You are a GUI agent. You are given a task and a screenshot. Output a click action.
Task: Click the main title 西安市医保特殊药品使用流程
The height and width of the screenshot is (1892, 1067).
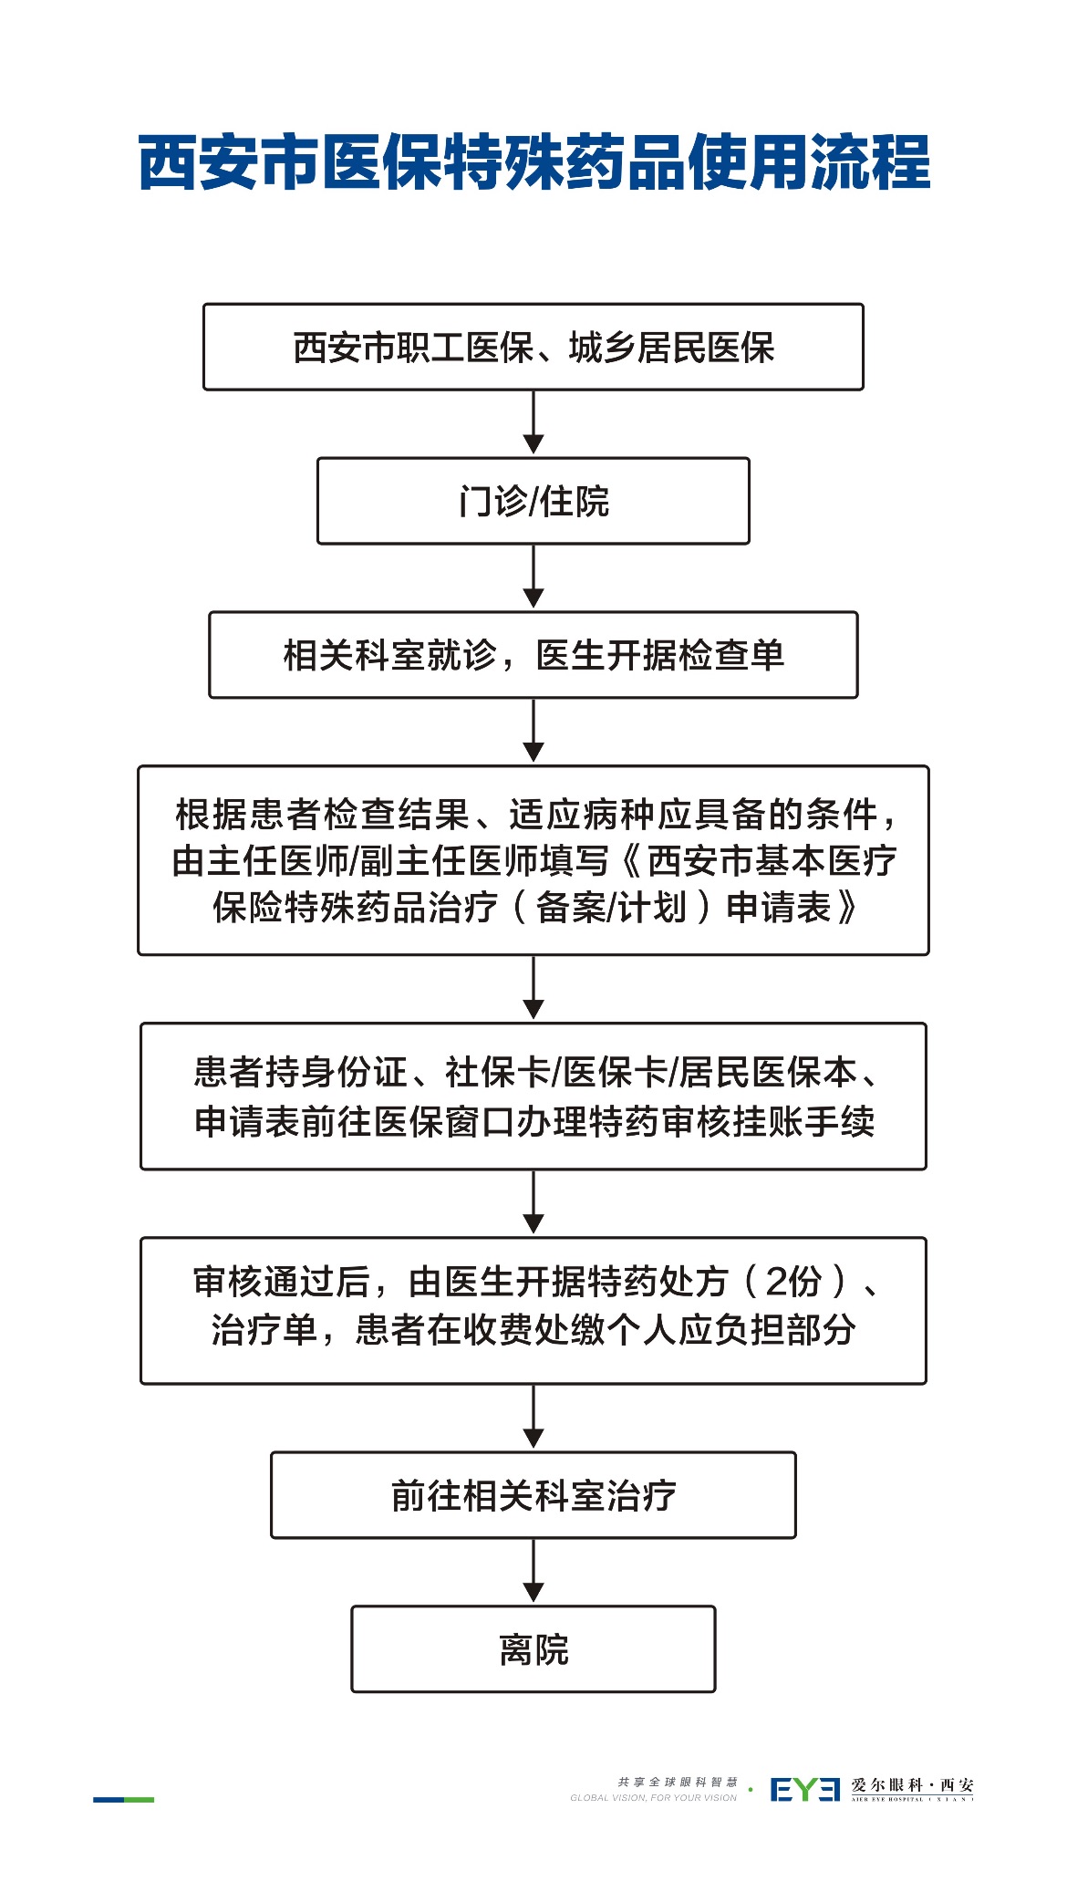(533, 162)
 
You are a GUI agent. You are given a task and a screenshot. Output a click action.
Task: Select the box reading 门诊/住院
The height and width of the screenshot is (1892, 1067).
(533, 501)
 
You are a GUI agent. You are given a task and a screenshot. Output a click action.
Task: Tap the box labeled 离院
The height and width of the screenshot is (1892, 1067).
(533, 1649)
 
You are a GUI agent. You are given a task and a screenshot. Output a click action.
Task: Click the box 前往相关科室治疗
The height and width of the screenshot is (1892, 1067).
(533, 1495)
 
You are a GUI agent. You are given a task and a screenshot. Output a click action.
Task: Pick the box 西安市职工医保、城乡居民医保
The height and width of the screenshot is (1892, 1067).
(533, 348)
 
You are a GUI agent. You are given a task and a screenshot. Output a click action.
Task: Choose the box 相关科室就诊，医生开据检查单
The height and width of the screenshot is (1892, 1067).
(533, 655)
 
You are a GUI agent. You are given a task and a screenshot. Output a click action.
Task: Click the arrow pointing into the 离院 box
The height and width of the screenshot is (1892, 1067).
(533, 1571)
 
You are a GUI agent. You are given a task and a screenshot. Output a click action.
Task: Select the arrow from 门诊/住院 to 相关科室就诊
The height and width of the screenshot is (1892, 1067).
(533, 577)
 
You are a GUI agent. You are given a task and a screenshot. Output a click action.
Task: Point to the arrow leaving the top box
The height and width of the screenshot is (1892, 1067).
(533, 422)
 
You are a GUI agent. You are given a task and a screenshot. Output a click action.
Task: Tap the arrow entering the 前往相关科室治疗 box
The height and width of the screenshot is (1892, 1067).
(533, 1417)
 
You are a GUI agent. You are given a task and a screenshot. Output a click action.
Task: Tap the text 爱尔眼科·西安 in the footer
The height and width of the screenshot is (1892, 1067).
(912, 1785)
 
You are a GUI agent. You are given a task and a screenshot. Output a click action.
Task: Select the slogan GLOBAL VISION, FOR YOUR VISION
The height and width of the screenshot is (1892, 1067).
(653, 1798)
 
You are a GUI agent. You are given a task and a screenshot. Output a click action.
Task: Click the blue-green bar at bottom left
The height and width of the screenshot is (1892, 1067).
(123, 1799)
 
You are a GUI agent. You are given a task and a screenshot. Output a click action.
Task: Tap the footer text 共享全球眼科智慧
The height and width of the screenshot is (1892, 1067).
(677, 1782)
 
